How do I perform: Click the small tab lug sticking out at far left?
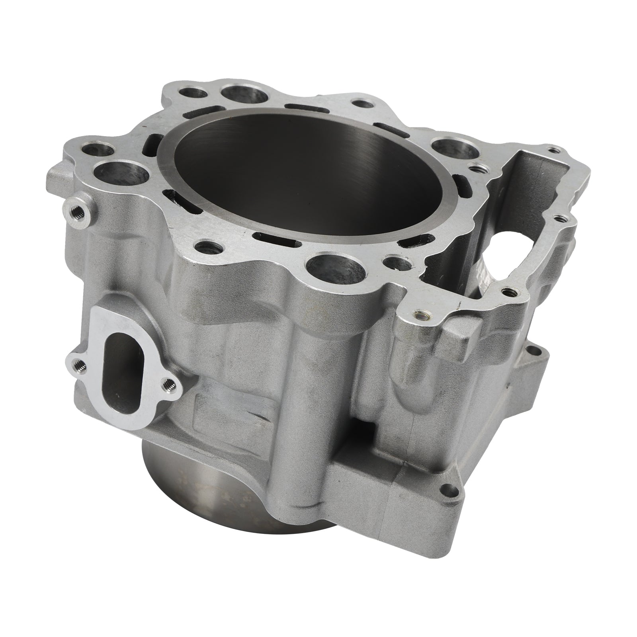point(56,169)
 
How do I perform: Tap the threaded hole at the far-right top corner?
point(551,150)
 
